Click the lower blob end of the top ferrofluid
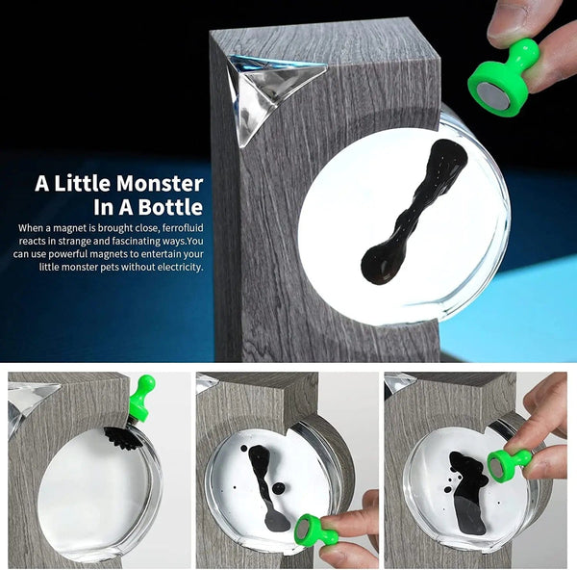point(383,260)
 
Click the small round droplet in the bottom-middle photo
point(278,488)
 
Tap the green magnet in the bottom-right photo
point(508,464)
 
